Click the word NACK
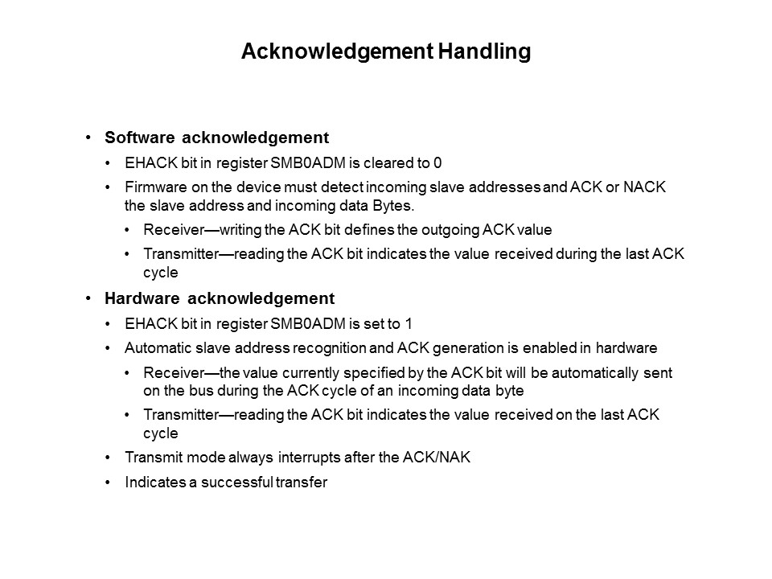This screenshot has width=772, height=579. (650, 187)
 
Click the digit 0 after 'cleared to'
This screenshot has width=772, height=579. (437, 162)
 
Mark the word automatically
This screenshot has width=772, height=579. (585, 373)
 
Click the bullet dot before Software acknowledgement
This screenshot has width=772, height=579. (88, 138)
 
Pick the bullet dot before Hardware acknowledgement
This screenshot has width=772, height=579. (88, 298)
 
